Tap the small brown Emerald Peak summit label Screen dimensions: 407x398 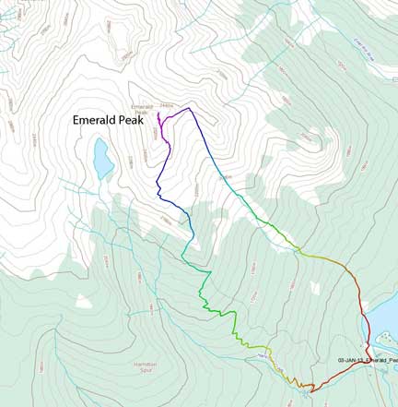click(141, 109)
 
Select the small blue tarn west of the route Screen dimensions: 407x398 click(102, 159)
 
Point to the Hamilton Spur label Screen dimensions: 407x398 click(144, 366)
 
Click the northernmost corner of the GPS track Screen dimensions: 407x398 click(189, 108)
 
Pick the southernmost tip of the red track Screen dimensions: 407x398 click(310, 391)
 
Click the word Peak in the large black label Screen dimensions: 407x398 click(138, 120)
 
